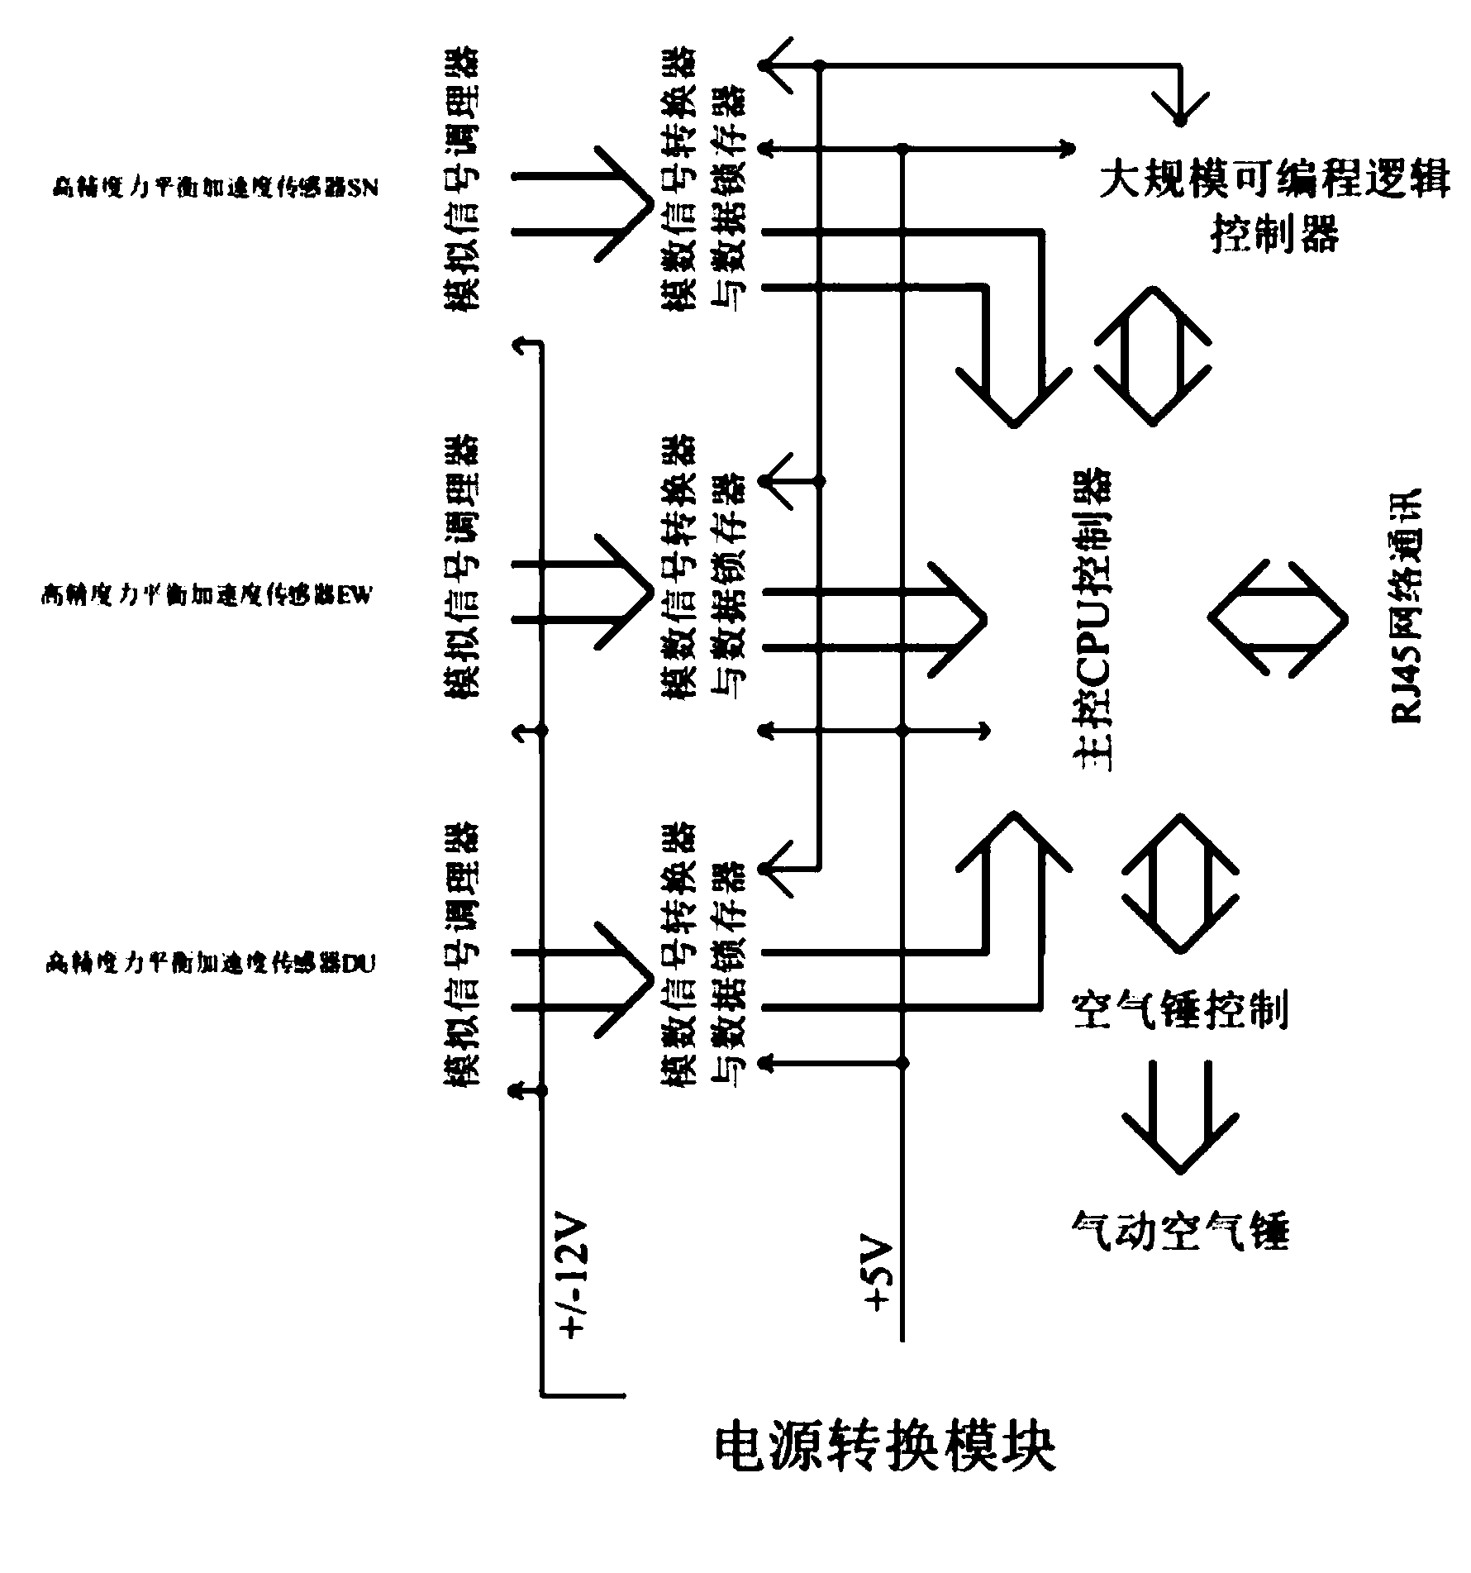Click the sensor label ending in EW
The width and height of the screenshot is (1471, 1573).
(x=206, y=595)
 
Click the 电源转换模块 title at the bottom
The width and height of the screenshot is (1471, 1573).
(x=885, y=1469)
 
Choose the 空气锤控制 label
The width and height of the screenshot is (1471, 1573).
(x=1179, y=1010)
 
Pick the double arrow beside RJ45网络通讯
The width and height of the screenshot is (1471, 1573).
(x=1278, y=618)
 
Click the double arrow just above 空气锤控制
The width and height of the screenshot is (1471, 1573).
(x=1180, y=883)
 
